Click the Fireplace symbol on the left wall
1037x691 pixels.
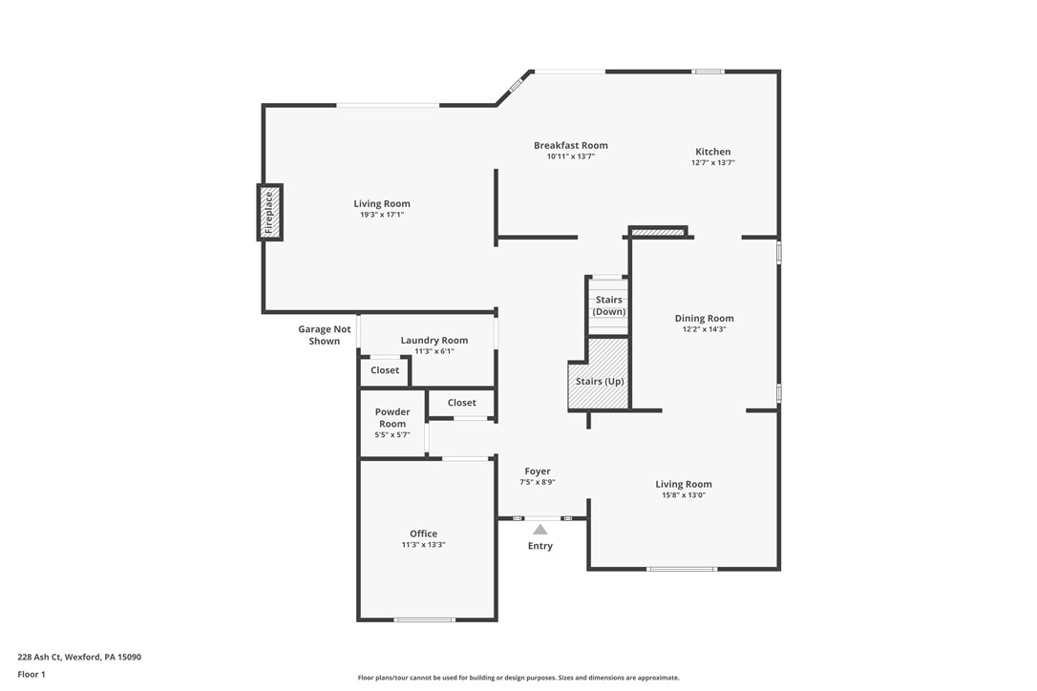click(x=268, y=212)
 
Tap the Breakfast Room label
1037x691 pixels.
click(x=570, y=145)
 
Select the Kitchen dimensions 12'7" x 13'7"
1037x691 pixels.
click(x=712, y=163)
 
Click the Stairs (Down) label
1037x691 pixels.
click(x=608, y=305)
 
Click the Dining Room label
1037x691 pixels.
click(x=704, y=319)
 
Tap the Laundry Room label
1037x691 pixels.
click(x=434, y=340)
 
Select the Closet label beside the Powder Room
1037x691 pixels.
click(x=461, y=403)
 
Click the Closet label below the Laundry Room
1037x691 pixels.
click(x=385, y=370)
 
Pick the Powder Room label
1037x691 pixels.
click(x=392, y=418)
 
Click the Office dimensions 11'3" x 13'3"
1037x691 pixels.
click(x=423, y=545)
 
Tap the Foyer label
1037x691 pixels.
click(x=537, y=471)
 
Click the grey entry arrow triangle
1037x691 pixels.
click(x=540, y=529)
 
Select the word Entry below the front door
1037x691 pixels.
click(x=540, y=546)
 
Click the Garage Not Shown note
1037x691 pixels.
click(x=325, y=335)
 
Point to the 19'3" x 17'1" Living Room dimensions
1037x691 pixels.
click(x=382, y=215)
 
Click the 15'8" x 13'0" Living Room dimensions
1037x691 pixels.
click(x=684, y=495)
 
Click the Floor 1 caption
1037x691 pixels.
click(x=31, y=674)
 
